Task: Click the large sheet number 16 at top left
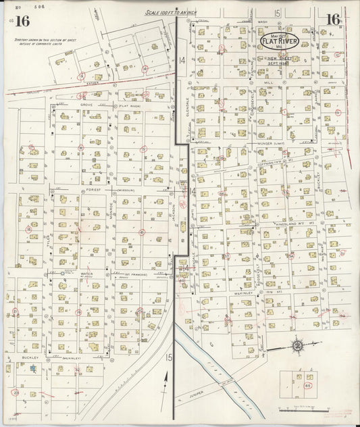tap(22, 20)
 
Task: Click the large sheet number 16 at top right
tap(332, 20)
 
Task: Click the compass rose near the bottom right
tap(297, 347)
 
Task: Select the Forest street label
tap(93, 191)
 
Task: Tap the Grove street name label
tap(86, 105)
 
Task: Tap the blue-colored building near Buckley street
tap(32, 368)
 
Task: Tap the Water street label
tap(86, 274)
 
